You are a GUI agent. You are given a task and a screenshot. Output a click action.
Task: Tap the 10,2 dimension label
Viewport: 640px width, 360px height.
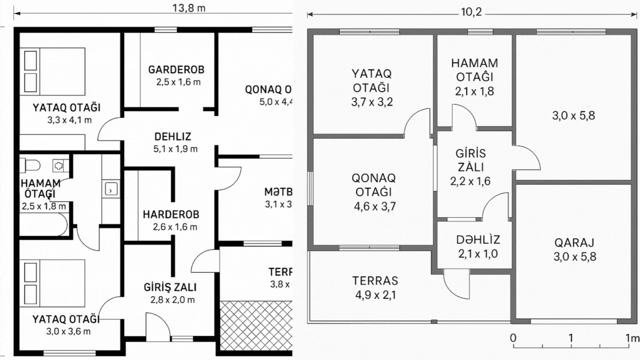[x=471, y=12]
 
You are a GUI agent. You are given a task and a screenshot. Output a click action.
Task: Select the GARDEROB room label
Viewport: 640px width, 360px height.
[x=176, y=75]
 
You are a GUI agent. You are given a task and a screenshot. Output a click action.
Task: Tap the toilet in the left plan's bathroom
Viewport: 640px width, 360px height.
[x=31, y=164]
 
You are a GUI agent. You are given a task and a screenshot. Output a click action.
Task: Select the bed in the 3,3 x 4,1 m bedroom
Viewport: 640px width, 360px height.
[x=54, y=71]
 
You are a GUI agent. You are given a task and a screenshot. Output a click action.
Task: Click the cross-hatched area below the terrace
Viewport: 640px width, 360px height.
[x=256, y=325]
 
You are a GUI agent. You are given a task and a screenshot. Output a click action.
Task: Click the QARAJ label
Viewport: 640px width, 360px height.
[x=574, y=248]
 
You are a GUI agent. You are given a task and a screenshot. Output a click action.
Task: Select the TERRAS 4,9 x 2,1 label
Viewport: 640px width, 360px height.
[x=375, y=287]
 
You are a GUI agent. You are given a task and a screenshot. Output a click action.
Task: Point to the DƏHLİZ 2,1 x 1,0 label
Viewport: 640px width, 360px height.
[x=478, y=247]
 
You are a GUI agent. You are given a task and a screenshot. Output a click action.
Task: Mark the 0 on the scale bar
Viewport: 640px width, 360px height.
[x=513, y=337]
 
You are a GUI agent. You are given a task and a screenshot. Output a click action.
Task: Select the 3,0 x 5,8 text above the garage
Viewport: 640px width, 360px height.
[x=574, y=116]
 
